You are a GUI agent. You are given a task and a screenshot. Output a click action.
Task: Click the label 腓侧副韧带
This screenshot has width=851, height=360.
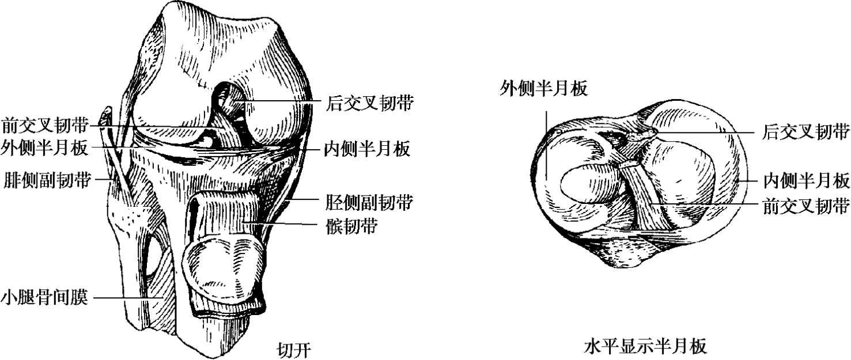(x=46, y=180)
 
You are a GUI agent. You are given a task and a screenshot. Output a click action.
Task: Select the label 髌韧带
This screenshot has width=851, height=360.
(x=351, y=226)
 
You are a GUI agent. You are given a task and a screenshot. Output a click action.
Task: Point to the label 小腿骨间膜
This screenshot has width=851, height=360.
(x=44, y=298)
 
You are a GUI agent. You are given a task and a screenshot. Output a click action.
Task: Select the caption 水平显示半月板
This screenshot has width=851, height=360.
(x=645, y=347)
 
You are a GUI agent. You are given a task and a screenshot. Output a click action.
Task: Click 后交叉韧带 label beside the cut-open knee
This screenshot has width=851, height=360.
(x=369, y=103)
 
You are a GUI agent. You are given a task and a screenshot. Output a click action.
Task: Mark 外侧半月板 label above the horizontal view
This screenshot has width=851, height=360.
(x=544, y=89)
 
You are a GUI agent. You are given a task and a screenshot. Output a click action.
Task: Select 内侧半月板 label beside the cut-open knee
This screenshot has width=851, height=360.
(x=366, y=150)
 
